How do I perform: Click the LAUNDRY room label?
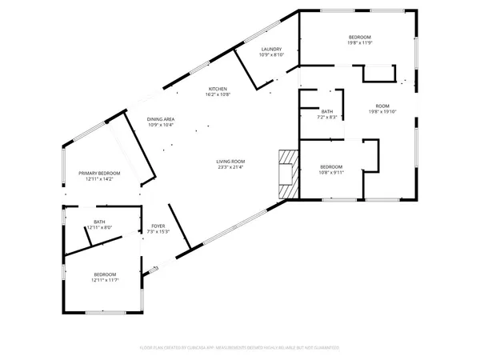pos(268,50)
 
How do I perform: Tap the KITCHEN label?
pos(218,88)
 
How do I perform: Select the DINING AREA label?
pos(161,119)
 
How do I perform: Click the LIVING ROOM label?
pos(230,162)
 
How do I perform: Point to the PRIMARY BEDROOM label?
pos(99,174)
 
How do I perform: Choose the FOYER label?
pos(158,226)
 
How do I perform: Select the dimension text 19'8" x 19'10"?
pos(383,111)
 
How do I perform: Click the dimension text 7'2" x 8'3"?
pos(326,118)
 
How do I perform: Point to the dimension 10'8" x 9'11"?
pos(331,173)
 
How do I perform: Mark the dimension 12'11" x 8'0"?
pos(99,227)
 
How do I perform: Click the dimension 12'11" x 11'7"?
pos(105,280)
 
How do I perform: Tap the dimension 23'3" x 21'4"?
pos(230,167)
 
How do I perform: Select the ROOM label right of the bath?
pos(383,106)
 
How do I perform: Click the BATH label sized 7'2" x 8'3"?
pos(326,112)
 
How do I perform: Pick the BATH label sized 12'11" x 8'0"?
pos(99,222)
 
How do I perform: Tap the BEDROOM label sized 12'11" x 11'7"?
pos(105,274)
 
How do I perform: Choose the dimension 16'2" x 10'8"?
pos(218,94)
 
